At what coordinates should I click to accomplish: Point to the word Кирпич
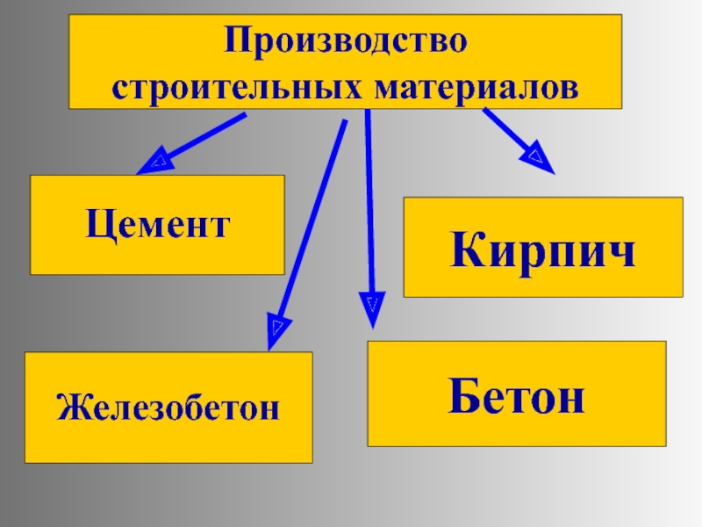pos(543,249)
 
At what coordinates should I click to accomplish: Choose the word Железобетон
pos(168,408)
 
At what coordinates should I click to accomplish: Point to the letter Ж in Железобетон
pos(70,408)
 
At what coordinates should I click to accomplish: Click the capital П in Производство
pos(237,41)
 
